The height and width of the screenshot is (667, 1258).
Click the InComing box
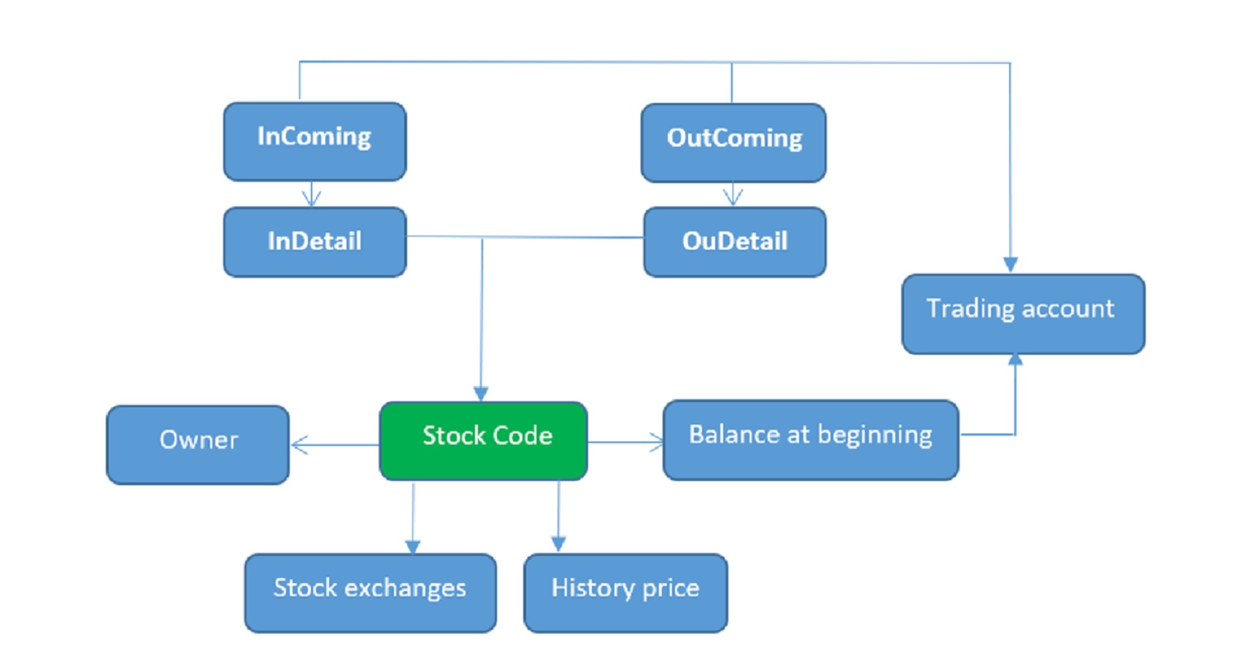click(314, 142)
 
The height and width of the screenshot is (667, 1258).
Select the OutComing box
click(733, 143)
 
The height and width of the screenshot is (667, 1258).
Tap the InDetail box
click(314, 242)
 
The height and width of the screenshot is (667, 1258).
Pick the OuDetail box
click(735, 242)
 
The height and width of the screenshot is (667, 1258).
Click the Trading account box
click(1023, 315)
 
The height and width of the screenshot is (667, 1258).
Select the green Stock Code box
click(483, 441)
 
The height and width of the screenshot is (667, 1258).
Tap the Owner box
click(198, 445)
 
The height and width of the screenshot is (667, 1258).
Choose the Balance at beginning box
click(811, 440)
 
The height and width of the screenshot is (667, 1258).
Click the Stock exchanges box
click(370, 593)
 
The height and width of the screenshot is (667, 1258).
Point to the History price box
click(625, 593)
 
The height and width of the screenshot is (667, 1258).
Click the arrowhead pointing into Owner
click(299, 444)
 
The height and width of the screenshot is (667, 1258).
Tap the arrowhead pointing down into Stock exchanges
click(413, 547)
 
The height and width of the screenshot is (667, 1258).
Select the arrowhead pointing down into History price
click(558, 544)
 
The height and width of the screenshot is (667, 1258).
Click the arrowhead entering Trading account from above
click(1011, 264)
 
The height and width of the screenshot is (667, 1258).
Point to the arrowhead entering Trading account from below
click(1015, 360)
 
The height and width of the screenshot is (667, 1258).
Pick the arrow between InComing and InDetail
click(312, 194)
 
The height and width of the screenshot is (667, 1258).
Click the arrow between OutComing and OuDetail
click(733, 195)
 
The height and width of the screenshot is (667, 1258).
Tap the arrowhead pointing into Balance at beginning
click(656, 442)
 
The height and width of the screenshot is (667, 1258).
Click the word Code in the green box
click(522, 436)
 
